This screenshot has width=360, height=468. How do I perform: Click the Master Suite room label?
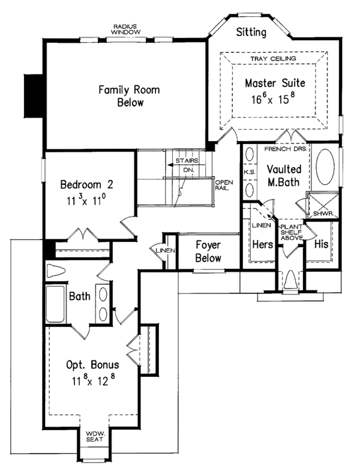point(275,83)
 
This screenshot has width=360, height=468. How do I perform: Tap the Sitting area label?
point(251,32)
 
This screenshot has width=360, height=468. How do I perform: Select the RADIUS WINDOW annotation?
point(125,29)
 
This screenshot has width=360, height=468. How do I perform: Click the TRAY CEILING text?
point(273,59)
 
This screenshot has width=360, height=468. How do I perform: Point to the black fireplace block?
point(34,96)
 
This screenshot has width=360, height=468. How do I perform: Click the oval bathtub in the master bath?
point(325,167)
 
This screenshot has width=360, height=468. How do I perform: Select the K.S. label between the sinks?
point(249,172)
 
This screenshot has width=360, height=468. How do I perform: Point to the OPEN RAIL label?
point(224,185)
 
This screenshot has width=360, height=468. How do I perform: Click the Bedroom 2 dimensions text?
point(86,200)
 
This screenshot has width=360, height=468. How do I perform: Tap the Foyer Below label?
point(208,251)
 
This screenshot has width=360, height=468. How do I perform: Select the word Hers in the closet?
point(262,244)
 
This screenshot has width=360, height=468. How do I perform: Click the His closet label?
point(321,244)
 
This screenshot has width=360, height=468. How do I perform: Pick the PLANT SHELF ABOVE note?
point(292,232)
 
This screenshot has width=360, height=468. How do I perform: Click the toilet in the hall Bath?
point(56,271)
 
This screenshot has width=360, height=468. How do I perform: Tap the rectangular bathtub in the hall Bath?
point(56,304)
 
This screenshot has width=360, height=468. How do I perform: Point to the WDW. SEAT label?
point(94,436)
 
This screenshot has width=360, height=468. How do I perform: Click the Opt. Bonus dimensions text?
point(94,380)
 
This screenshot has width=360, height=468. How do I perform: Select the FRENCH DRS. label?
point(286,149)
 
